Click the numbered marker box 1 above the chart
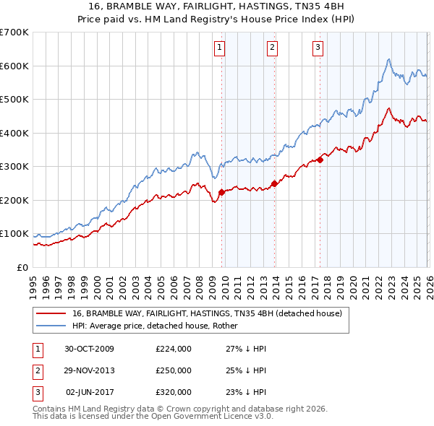[218, 48]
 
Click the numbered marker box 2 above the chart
[272, 48]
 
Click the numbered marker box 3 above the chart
[318, 48]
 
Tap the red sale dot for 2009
[221, 192]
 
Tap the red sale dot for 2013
[274, 183]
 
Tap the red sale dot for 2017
[320, 160]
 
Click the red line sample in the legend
[50, 313]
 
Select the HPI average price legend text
[160, 326]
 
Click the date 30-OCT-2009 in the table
[89, 349]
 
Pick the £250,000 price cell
[173, 370]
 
